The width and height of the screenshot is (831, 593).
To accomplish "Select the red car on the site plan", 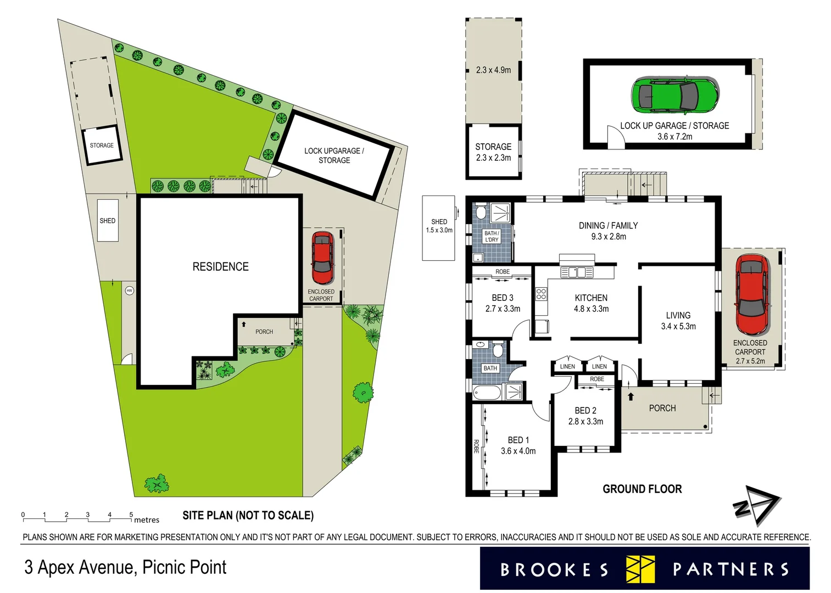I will point(322,258).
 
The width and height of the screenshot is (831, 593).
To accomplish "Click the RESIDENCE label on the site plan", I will point(220,267).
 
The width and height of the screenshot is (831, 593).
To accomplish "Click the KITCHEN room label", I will point(591,298).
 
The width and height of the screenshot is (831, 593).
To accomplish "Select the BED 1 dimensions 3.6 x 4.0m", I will point(518,451).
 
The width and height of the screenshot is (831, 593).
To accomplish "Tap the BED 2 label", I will point(585,411).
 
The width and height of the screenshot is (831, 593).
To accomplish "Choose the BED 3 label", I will point(503,298).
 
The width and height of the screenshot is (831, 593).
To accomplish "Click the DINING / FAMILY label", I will point(608,226).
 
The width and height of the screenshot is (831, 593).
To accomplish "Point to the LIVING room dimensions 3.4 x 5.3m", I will point(678,327).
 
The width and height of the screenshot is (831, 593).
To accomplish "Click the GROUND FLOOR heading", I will point(642,489).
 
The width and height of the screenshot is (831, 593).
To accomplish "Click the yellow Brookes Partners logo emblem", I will point(640,569).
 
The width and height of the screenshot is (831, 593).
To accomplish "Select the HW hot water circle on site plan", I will point(130,290).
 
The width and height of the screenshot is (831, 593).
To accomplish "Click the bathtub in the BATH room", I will point(487,393).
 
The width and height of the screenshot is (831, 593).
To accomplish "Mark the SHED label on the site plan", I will point(108,221).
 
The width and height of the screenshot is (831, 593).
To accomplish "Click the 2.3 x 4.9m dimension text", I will point(493,70).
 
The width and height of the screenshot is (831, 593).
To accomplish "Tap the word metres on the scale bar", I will point(147,520).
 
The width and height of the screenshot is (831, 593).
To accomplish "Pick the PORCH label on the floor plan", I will point(662,409).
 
